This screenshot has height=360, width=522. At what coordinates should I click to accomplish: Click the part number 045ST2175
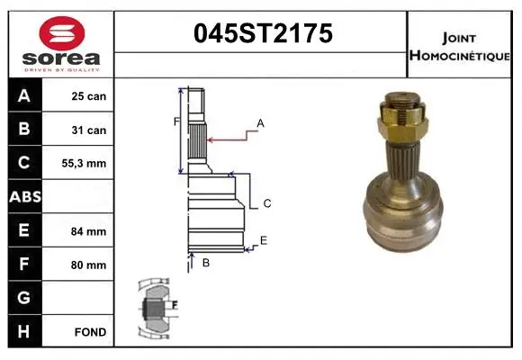click(x=262, y=34)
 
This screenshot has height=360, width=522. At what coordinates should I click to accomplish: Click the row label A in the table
click(x=24, y=96)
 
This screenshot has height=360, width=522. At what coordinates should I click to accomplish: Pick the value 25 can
click(x=89, y=96)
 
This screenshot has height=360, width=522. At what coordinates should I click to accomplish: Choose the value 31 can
click(x=89, y=130)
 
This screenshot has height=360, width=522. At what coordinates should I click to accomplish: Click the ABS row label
click(x=24, y=197)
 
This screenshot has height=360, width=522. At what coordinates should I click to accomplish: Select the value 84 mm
click(x=89, y=231)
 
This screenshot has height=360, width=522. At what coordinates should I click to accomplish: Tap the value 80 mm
click(x=89, y=265)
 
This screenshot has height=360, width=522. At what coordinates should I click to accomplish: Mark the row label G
click(x=24, y=298)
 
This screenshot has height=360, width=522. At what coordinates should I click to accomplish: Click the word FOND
click(x=91, y=332)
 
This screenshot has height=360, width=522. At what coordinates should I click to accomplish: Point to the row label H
click(x=24, y=332)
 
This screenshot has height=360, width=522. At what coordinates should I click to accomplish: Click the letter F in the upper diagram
click(x=176, y=121)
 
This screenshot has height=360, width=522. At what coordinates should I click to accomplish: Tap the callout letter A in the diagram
click(x=260, y=122)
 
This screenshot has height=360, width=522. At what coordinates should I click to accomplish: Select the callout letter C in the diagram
click(x=267, y=204)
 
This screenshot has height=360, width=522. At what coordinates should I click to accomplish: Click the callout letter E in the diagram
click(x=263, y=239)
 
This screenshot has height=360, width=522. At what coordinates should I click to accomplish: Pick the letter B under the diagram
click(x=205, y=263)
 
